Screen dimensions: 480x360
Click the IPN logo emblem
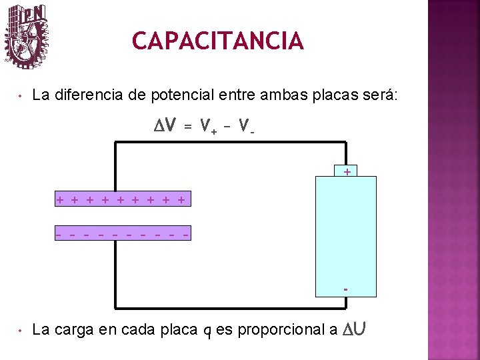point(27,36)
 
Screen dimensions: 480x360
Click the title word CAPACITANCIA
point(217,41)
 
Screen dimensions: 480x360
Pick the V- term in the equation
point(246,126)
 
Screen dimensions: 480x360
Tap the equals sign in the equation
point(188,126)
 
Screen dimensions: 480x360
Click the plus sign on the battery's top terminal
point(346,172)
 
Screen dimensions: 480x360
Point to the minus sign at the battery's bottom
point(345,290)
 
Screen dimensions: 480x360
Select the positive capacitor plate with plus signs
point(122,199)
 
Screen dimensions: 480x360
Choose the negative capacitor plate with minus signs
point(122,234)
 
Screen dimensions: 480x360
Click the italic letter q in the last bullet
point(207,331)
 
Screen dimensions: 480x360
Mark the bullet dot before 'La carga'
point(21,330)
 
